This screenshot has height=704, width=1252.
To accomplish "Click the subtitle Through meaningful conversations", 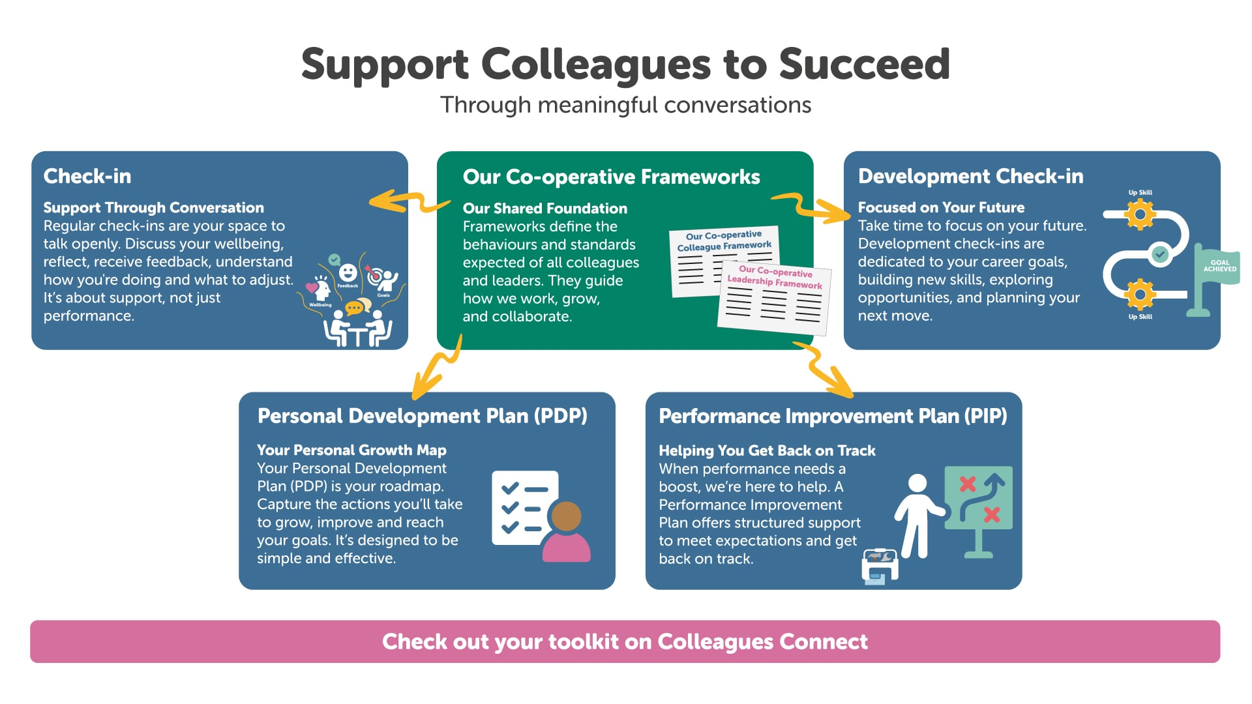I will [625, 105].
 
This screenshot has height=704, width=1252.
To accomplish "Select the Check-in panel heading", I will [87, 176].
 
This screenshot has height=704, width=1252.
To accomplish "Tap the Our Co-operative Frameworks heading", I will [611, 177].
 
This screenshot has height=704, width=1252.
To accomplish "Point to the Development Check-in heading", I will [970, 176].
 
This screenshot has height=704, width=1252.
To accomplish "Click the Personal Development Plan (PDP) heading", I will [422, 416].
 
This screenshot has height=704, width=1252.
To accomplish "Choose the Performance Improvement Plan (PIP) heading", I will [833, 416].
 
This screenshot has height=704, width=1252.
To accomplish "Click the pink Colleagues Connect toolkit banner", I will [625, 641].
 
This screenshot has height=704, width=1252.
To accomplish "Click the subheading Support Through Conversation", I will [153, 207].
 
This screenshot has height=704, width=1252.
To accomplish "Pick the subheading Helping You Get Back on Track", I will [767, 450].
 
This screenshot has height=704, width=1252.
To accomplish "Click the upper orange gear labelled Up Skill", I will [1140, 214].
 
